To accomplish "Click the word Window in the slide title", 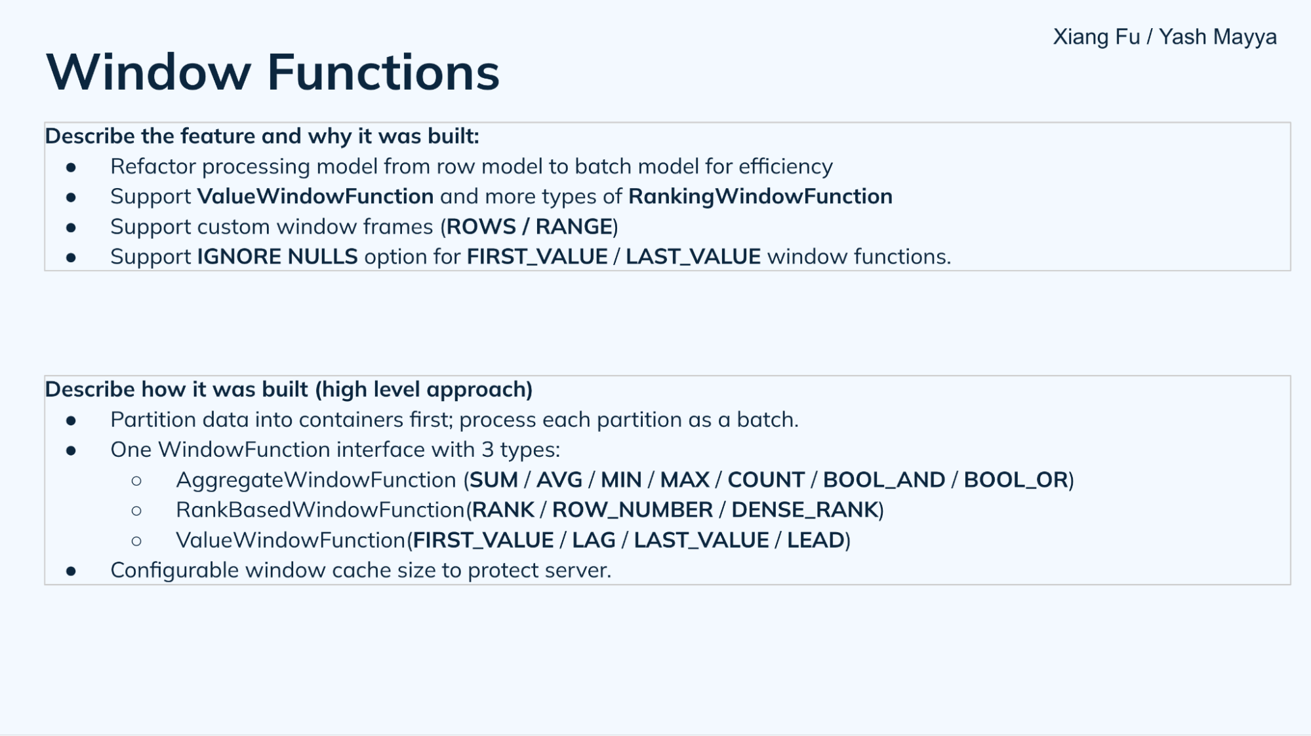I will [x=148, y=72].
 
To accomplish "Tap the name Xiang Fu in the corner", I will [x=1096, y=37].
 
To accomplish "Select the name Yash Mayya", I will [x=1217, y=37].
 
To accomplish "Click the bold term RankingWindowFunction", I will [x=760, y=197].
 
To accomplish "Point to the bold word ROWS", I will [x=481, y=227].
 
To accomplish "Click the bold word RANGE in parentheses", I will [x=574, y=227].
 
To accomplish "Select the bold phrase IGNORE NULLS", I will [x=277, y=257].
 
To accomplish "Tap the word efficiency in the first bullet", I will [x=785, y=166].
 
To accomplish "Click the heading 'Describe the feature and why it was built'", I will [x=262, y=136].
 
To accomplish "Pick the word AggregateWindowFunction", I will [x=315, y=480].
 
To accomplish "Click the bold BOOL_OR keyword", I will [x=1016, y=480].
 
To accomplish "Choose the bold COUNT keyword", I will [x=765, y=480].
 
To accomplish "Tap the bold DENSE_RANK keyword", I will [x=804, y=511].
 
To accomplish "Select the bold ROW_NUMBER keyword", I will [x=632, y=511].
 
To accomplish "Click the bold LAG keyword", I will [x=594, y=541].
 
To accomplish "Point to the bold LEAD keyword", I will [x=815, y=541].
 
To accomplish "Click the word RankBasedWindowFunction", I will [x=320, y=511].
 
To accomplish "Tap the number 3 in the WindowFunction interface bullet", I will [x=487, y=450].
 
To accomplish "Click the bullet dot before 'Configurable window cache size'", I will [x=71, y=571].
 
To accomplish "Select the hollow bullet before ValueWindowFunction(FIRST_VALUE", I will [x=136, y=541].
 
